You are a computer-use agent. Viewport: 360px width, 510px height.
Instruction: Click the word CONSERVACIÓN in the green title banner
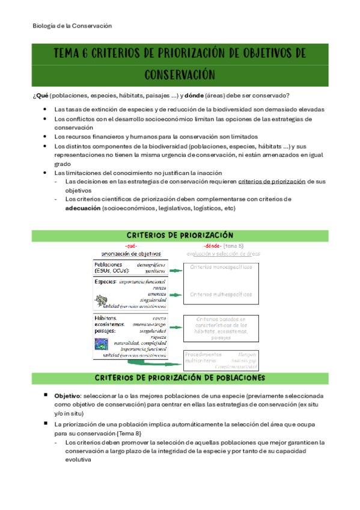click(180, 75)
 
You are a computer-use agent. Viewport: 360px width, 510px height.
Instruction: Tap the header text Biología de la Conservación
click(72, 26)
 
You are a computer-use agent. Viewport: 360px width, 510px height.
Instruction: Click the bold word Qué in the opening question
click(42, 96)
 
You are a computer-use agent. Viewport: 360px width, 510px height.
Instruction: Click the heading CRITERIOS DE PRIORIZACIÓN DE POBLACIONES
click(180, 378)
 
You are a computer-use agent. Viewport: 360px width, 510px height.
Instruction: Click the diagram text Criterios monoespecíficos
click(221, 266)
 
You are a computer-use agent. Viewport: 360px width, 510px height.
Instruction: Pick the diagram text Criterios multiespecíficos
click(221, 294)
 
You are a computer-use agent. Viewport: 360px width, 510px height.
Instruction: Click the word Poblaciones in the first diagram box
click(109, 264)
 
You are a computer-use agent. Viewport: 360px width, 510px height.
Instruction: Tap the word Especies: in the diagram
click(106, 281)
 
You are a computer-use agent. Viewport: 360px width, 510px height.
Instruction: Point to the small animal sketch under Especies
click(103, 299)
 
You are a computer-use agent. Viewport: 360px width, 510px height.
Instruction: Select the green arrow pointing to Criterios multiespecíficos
click(175, 295)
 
